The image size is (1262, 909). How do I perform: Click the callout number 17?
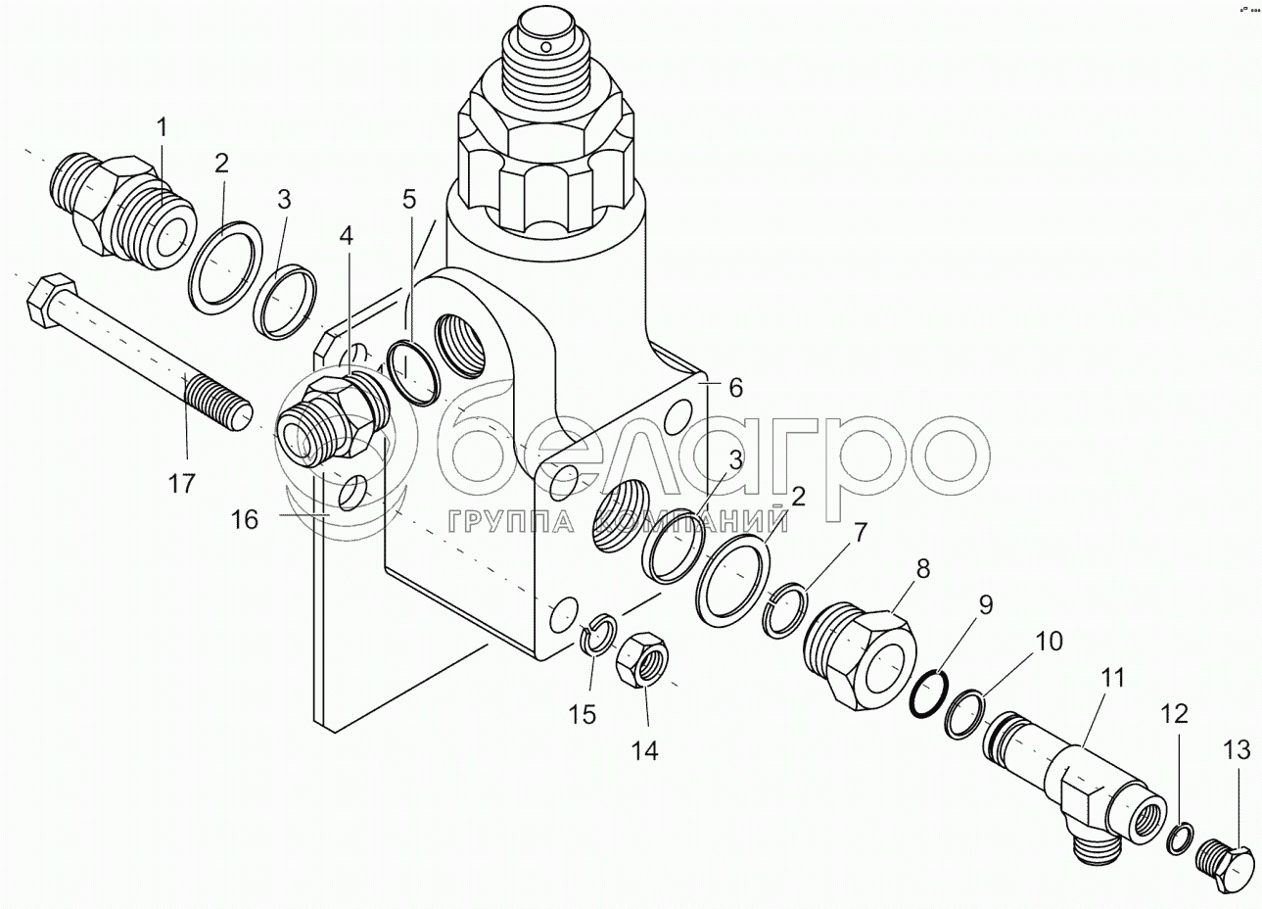181,483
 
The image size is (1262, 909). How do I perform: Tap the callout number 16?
245,518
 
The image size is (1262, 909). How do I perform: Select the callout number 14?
644,750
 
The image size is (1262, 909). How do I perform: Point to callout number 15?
582,715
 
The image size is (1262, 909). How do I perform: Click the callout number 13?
1237,750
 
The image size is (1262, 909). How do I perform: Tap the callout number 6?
736,388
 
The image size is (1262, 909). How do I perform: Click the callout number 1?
162,128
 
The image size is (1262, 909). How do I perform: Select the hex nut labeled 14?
641,659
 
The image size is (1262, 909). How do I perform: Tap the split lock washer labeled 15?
599,633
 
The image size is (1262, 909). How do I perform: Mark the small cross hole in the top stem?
544,47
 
